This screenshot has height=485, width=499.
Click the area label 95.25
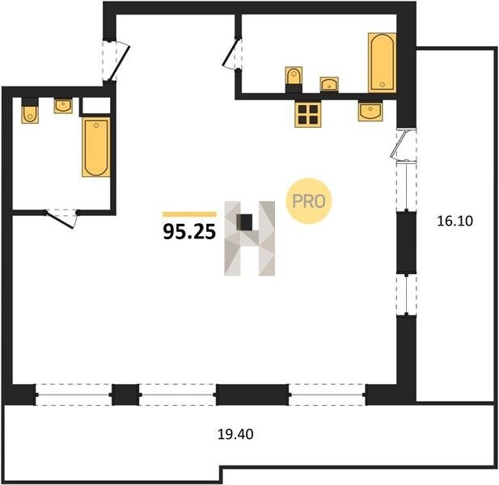(x=189, y=231)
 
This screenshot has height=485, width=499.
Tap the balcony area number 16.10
(x=455, y=221)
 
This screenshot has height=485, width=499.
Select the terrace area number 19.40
(x=235, y=434)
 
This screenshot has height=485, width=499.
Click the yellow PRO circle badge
(x=308, y=201)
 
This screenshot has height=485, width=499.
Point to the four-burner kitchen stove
(x=308, y=114)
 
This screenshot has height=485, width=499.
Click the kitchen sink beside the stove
(x=370, y=112)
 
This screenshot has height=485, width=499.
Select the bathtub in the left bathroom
(x=95, y=147)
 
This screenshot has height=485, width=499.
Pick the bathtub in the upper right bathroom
(x=383, y=63)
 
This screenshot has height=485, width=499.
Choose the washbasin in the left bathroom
(x=63, y=106)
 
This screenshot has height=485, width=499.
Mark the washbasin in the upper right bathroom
(x=329, y=85)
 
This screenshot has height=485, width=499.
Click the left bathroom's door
(x=61, y=219)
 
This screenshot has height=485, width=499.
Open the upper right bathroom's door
(x=232, y=53)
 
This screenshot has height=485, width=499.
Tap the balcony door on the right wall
(x=403, y=145)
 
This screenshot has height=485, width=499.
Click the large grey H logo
(x=249, y=238)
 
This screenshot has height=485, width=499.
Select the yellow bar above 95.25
(x=189, y=214)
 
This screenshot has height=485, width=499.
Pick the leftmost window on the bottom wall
(x=74, y=394)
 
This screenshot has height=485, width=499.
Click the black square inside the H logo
(x=245, y=222)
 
